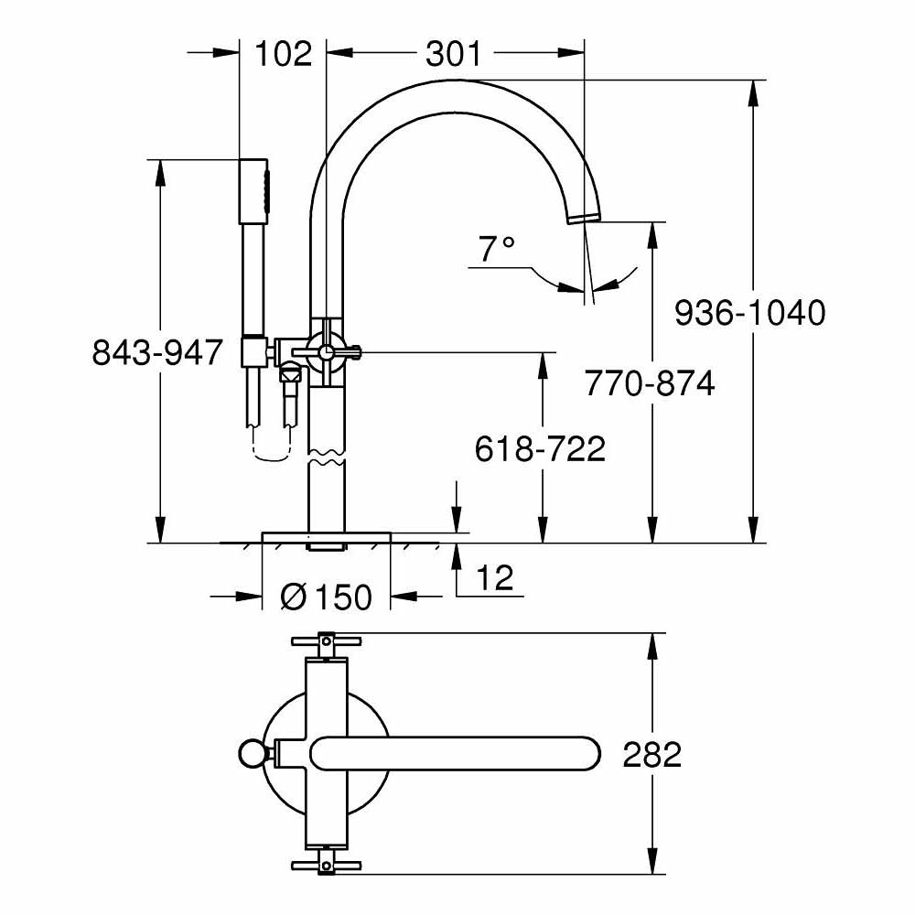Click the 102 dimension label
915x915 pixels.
pyautogui.click(x=284, y=54)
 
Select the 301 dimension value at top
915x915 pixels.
pyautogui.click(x=453, y=54)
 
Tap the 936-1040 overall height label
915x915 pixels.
pyautogui.click(x=749, y=313)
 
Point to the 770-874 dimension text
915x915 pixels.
pyautogui.click(x=650, y=383)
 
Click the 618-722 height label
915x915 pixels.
pyautogui.click(x=540, y=448)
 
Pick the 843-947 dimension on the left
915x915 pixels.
pyautogui.click(x=157, y=351)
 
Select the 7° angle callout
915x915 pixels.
pyautogui.click(x=497, y=248)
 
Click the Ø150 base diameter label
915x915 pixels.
pyautogui.click(x=326, y=597)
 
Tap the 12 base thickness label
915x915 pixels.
pyautogui.click(x=494, y=577)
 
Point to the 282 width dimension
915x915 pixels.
pyautogui.click(x=651, y=755)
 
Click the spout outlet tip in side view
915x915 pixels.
pyautogui.click(x=582, y=216)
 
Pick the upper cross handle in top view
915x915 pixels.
pyautogui.click(x=326, y=641)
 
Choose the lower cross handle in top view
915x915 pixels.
pyautogui.click(x=326, y=865)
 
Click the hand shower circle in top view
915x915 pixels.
pyautogui.click(x=249, y=754)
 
